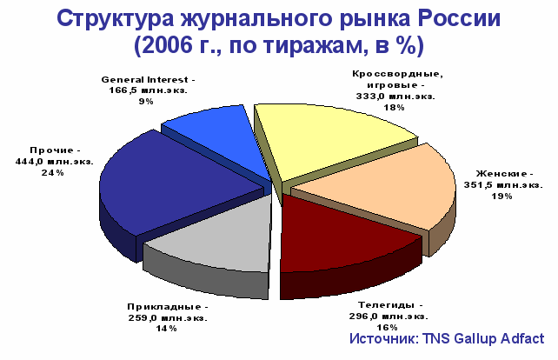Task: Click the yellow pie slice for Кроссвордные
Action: (331, 143)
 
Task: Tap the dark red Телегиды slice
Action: (342, 238)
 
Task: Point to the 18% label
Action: (394, 108)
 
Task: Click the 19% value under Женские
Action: (502, 197)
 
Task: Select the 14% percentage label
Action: (166, 329)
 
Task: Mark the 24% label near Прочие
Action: (53, 173)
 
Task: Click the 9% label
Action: (146, 102)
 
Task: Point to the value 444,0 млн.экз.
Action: (55, 162)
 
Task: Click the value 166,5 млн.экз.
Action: (148, 90)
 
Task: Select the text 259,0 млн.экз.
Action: (168, 317)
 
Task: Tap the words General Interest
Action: (144, 79)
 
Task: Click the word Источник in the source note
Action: (384, 338)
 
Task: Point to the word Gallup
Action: (475, 338)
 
